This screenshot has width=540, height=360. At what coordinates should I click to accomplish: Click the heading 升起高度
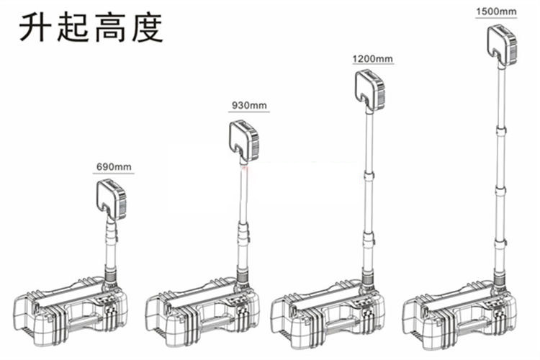[x=91, y=28]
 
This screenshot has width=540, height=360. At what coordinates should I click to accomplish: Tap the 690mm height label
[x=113, y=167]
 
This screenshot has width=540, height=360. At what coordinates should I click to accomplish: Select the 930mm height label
[x=249, y=106]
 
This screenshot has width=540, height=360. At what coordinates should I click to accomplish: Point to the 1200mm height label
[x=372, y=58]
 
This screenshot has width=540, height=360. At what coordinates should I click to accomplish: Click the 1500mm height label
[x=496, y=12]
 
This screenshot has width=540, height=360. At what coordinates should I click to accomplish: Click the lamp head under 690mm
[x=112, y=199]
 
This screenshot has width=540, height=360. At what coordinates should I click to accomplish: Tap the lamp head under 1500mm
[x=501, y=45]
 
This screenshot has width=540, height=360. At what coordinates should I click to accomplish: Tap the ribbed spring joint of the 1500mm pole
[x=498, y=276]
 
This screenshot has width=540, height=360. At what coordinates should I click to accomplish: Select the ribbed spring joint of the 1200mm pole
[x=369, y=276]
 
